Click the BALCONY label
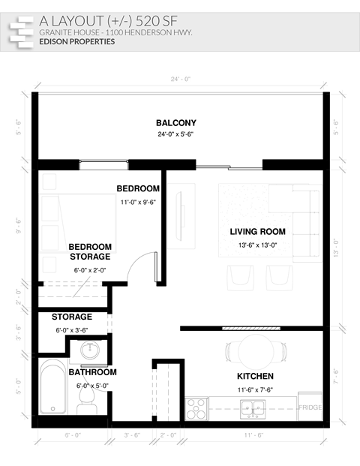[x=175, y=123]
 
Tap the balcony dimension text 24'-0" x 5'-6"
[x=175, y=135]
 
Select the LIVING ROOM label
[x=258, y=231]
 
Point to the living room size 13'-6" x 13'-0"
[x=258, y=245]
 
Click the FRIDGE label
[x=310, y=407]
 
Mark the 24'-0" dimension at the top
[x=179, y=79]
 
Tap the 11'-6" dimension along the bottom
[x=253, y=435]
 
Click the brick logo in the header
[x=22, y=31]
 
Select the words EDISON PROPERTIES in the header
[x=77, y=42]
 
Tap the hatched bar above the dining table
[x=250, y=328]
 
